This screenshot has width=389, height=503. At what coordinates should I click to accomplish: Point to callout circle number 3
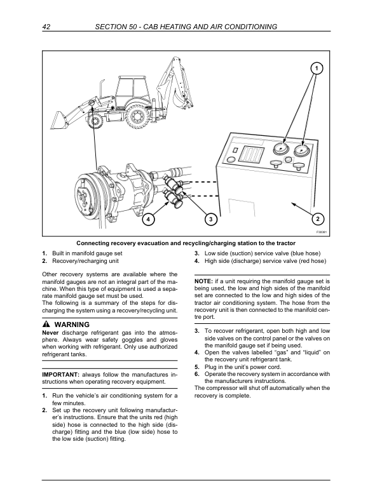pos(210,219)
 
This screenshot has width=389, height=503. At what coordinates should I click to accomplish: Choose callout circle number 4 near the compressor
pos(148,219)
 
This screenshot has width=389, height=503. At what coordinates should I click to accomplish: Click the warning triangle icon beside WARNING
pos(45,325)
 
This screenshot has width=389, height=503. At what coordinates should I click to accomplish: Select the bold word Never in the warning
pos(51,333)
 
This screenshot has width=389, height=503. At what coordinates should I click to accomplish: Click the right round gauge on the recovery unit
pos(303,151)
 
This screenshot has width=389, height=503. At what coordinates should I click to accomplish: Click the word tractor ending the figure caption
pos(283,243)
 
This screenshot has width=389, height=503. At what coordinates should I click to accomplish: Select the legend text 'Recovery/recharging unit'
pos(85,261)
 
